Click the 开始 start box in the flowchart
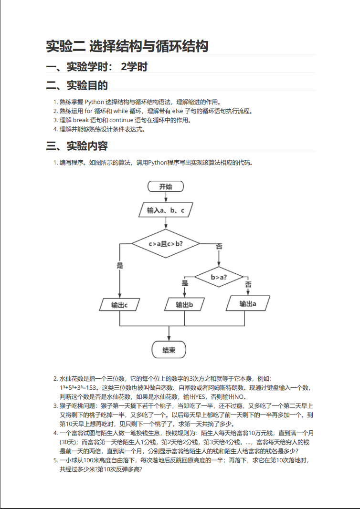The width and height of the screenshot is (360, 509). pos(166,187)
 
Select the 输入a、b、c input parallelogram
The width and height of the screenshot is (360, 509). pos(166,210)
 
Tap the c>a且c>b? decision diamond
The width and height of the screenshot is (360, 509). pos(166,243)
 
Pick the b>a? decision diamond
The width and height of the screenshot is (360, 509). pos(219,277)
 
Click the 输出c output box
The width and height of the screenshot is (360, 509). pos(119,305)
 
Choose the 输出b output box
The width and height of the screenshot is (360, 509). pos(185,304)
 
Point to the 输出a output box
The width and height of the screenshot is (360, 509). pos(248,303)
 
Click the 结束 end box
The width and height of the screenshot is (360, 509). pos(169,350)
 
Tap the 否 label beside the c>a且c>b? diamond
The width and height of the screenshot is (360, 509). pos(219,246)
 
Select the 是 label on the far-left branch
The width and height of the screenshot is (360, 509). pos(120,266)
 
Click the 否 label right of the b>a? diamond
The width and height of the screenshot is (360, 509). pos(248,285)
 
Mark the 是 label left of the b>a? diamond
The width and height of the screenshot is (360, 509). pos(185,283)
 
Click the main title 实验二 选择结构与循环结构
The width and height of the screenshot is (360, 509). pos(127,46)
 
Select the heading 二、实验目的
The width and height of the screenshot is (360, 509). pos(77,85)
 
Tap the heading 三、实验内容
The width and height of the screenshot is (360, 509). pos(77,146)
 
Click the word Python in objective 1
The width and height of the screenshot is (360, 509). pos(95,102)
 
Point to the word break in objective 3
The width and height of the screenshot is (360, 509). pos(81,120)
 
